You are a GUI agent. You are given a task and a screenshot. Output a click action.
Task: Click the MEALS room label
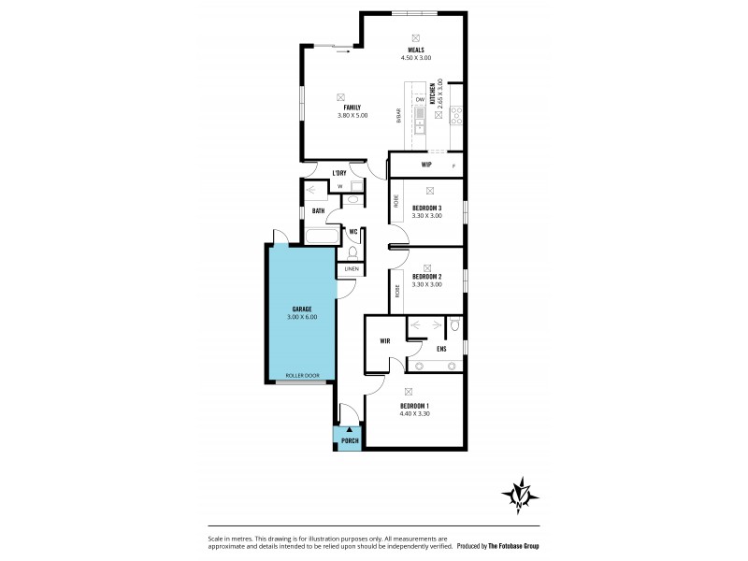(x=416, y=50)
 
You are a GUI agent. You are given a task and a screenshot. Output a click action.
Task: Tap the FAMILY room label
(x=352, y=108)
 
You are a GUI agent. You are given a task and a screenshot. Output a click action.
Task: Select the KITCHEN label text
(x=433, y=93)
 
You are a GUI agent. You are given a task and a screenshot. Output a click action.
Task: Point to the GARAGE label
(x=301, y=309)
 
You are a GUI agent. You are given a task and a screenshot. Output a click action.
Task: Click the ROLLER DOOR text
(x=301, y=375)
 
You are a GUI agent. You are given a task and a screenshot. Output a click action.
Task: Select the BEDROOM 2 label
(x=426, y=277)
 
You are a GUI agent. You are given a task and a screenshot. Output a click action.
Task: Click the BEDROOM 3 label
(x=426, y=208)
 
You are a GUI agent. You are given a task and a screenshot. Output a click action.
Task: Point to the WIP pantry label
(x=426, y=165)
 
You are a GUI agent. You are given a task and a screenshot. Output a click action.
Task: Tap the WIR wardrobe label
(x=384, y=341)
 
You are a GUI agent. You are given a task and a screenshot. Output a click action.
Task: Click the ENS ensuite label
(x=441, y=349)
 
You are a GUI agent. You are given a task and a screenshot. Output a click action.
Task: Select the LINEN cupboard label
(x=352, y=269)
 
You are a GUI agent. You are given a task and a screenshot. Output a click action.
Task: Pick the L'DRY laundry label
(x=339, y=173)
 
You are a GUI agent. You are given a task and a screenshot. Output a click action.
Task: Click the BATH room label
(x=319, y=211)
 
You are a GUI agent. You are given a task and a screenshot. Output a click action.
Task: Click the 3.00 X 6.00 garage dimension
(x=301, y=317)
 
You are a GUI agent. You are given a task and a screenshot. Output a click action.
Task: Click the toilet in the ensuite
(x=454, y=325)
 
